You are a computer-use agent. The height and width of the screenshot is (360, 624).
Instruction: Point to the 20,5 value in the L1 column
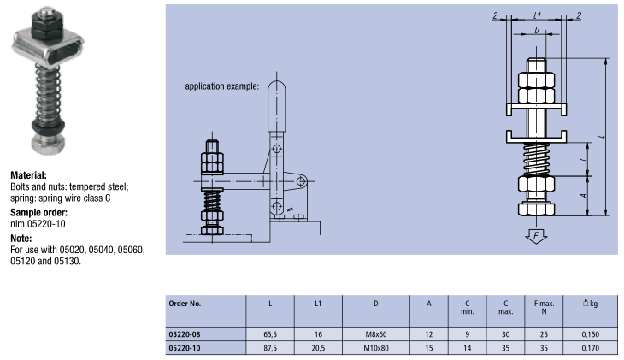click(x=317, y=347)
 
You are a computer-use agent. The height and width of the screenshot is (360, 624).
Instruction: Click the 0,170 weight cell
click(x=589, y=347)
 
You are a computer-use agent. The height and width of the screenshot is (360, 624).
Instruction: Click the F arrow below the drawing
click(x=535, y=234)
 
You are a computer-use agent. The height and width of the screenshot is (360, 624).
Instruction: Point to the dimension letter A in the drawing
click(x=583, y=196)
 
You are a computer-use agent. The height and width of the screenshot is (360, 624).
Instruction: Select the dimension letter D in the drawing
click(x=536, y=31)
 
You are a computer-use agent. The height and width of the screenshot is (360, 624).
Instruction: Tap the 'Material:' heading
click(x=28, y=174)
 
